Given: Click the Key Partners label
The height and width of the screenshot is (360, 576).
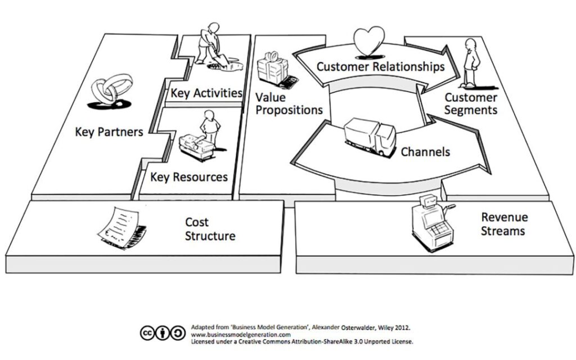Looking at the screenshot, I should point(109,132).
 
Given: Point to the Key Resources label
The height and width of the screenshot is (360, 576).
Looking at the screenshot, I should point(189,177).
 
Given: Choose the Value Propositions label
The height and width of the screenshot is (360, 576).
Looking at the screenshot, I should point(289,103).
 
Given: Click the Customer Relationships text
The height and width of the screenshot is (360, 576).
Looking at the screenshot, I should point(380,67).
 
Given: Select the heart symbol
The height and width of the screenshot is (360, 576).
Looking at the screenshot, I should point(369,41).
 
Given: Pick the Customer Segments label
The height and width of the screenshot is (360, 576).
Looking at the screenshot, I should point(471,104).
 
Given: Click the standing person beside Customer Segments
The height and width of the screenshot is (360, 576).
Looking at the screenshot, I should point(470,65).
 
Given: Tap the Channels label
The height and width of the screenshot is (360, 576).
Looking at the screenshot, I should point(425,151).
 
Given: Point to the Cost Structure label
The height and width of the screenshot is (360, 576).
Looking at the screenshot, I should point(210,229).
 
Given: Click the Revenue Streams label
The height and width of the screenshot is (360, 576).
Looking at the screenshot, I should point(504,224).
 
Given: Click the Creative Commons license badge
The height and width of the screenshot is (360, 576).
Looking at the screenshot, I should point(162,333).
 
